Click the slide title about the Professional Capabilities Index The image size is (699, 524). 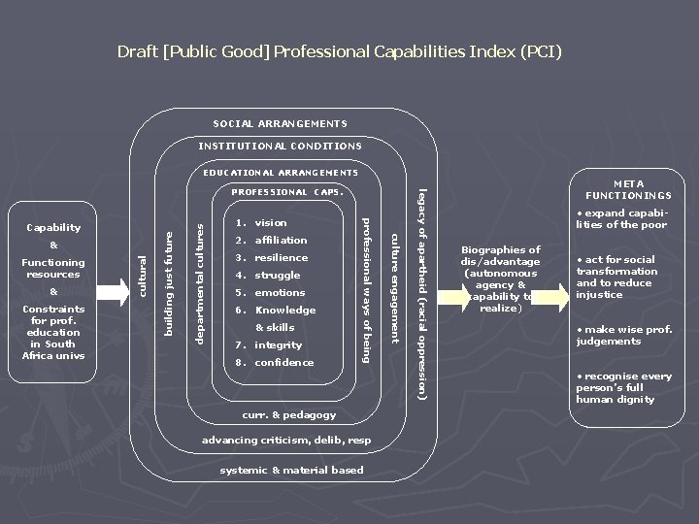pyautogui.click(x=339, y=50)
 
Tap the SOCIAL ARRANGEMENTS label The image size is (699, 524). pyautogui.click(x=280, y=123)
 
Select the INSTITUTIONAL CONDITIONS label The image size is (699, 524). pyautogui.click(x=280, y=146)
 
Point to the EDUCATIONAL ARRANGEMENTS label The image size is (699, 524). pyautogui.click(x=280, y=173)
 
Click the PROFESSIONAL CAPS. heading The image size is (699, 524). pyautogui.click(x=286, y=192)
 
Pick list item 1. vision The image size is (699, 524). pyautogui.click(x=261, y=223)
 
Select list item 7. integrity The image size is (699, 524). pyautogui.click(x=269, y=345)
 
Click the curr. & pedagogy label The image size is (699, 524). pyautogui.click(x=288, y=415)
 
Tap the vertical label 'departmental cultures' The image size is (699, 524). pyautogui.click(x=200, y=281)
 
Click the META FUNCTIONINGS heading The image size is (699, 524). pyautogui.click(x=635, y=189)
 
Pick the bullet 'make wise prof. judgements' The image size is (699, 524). pyautogui.click(x=624, y=335)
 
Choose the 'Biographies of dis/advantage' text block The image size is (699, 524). pyautogui.click(x=500, y=278)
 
